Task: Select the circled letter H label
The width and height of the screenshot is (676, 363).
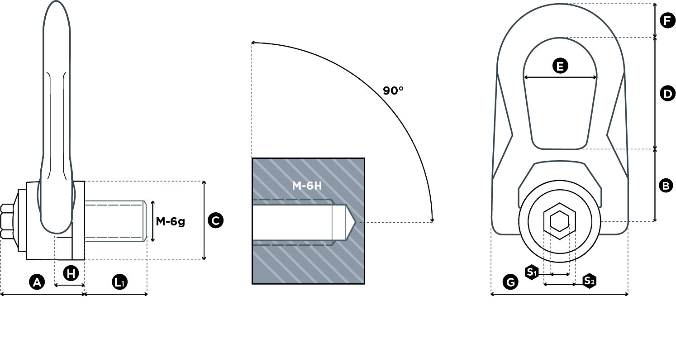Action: click(71, 273)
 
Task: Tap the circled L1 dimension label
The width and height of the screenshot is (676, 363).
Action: click(120, 282)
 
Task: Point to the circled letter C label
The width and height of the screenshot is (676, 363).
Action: click(215, 220)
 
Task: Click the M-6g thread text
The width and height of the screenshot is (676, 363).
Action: click(170, 222)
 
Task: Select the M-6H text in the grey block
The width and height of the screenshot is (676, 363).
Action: click(307, 185)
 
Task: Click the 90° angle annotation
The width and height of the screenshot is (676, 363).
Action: click(393, 91)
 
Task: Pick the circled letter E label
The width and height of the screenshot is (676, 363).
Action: click(560, 66)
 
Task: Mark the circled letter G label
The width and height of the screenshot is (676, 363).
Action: click(510, 282)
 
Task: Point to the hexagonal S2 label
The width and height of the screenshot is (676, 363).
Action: click(589, 281)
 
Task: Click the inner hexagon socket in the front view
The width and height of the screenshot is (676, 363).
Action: click(560, 221)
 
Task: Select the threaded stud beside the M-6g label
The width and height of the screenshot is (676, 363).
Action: click(115, 221)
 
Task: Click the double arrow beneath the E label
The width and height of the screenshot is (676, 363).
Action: click(560, 77)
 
